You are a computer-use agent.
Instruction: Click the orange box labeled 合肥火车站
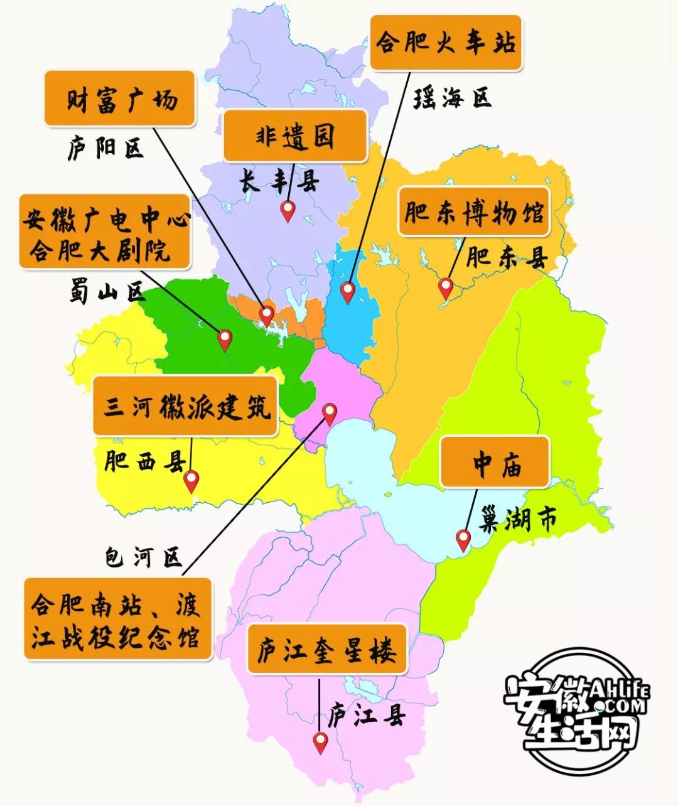click(x=446, y=43)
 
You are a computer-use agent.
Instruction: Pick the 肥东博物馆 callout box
click(x=473, y=212)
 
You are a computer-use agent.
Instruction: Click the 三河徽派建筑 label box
click(x=185, y=406)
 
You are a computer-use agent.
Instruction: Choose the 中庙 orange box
click(x=495, y=463)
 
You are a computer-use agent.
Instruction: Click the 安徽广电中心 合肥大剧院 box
click(x=105, y=232)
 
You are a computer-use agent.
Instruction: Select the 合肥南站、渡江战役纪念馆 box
click(x=117, y=619)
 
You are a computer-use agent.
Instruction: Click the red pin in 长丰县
click(x=288, y=210)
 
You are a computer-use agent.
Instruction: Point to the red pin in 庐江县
click(x=321, y=743)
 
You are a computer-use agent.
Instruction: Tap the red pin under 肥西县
click(x=191, y=481)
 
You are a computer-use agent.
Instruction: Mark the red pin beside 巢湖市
click(x=463, y=539)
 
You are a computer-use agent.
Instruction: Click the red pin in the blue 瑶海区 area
click(x=347, y=291)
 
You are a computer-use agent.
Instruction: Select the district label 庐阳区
click(x=105, y=149)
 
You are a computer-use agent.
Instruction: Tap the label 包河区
click(x=144, y=556)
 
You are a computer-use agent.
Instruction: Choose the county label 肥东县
click(x=507, y=257)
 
